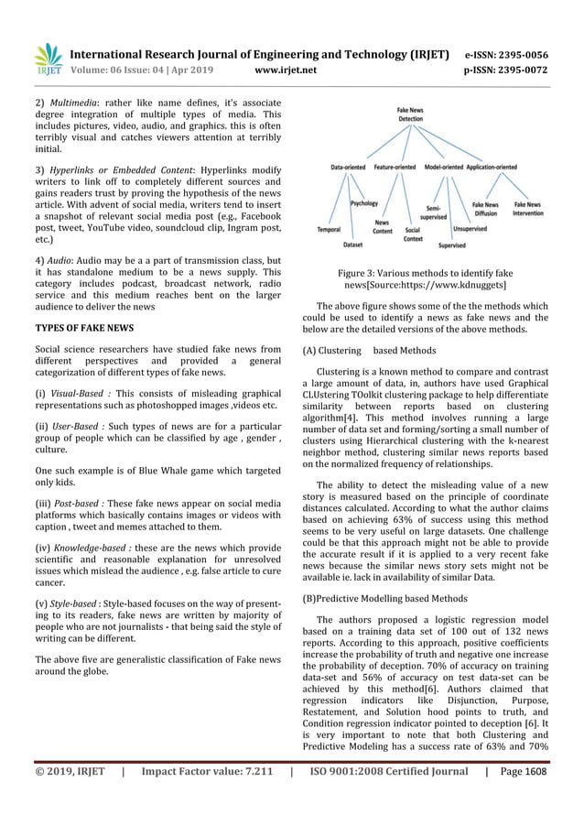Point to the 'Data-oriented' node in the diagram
click(349, 168)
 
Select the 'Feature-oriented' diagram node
click(395, 168)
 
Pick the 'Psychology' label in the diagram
click(363, 203)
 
